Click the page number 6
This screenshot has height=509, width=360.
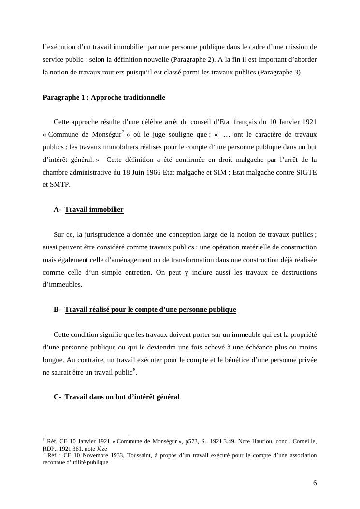[315, 483]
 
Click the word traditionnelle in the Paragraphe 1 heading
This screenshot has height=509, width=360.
[144, 97]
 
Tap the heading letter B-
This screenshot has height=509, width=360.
[57, 309]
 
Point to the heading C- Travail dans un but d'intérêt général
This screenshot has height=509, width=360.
[116, 397]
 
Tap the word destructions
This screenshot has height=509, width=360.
[296, 272]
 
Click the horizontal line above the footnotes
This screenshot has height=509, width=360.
[86, 435]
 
